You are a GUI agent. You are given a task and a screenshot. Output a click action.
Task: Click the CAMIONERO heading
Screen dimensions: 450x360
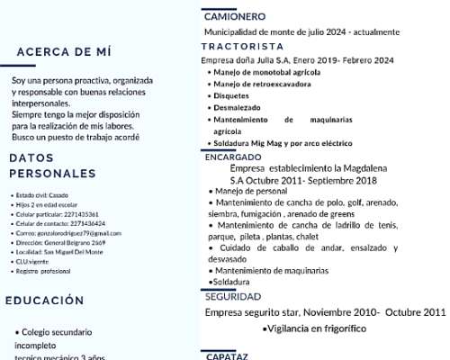[234, 16]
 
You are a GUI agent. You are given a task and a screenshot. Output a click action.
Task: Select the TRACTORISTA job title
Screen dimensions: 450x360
[242, 46]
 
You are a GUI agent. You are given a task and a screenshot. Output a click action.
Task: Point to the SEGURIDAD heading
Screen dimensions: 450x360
[232, 296]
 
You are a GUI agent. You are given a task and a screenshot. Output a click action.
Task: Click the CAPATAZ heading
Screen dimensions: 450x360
[227, 355]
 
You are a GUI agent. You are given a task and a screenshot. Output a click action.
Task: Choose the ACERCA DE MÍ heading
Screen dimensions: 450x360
[65, 51]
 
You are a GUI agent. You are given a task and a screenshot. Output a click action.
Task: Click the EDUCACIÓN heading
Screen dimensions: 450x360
[50, 301]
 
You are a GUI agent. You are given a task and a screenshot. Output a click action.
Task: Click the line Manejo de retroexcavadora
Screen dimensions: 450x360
[262, 84]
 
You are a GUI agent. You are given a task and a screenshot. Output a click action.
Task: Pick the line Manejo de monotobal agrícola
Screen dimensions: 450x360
[266, 72]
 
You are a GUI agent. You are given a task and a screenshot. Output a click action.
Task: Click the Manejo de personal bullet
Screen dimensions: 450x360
[252, 191]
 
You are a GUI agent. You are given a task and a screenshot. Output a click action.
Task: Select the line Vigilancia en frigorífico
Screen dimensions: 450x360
[315, 328]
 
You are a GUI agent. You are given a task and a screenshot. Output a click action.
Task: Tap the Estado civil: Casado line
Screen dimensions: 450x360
[42, 195]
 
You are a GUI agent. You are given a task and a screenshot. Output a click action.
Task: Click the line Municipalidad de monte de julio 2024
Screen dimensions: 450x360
[301, 31]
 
